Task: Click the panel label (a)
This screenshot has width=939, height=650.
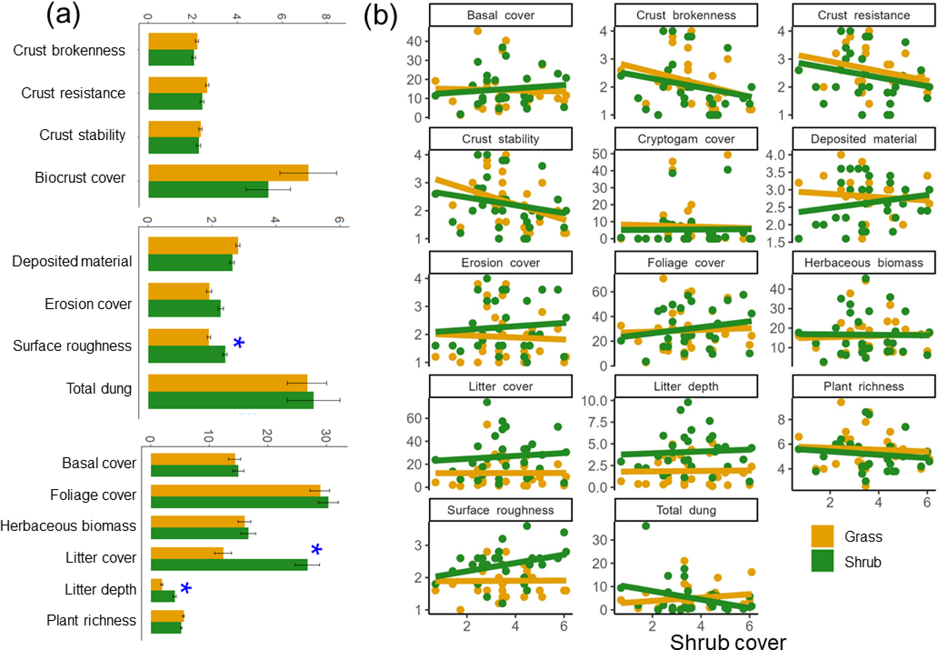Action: [x=63, y=15]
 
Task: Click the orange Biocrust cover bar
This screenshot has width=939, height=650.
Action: [x=228, y=173]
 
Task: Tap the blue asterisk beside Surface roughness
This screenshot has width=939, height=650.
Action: [x=239, y=343]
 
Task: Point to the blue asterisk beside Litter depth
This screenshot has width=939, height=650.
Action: [x=186, y=588]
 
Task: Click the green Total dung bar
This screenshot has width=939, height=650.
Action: [x=230, y=400]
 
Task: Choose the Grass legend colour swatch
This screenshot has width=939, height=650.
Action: [x=822, y=536]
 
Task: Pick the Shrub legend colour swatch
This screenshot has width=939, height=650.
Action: [x=822, y=561]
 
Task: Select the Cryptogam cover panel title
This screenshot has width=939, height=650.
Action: [x=686, y=139]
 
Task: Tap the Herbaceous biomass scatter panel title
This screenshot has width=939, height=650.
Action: [x=863, y=262]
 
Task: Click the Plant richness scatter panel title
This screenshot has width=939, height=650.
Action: [x=863, y=386]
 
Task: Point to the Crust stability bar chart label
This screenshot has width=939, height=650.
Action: [x=82, y=135]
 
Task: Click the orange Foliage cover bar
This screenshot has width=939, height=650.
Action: [x=235, y=491]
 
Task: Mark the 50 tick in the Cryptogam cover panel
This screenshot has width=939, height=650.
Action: [x=600, y=154]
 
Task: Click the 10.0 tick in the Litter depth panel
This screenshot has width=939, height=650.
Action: [x=594, y=401]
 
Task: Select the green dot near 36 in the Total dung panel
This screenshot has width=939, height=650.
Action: [x=645, y=526]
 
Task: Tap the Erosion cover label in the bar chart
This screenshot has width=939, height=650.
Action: [x=88, y=304]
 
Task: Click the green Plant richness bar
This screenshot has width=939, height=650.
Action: [x=166, y=628]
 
